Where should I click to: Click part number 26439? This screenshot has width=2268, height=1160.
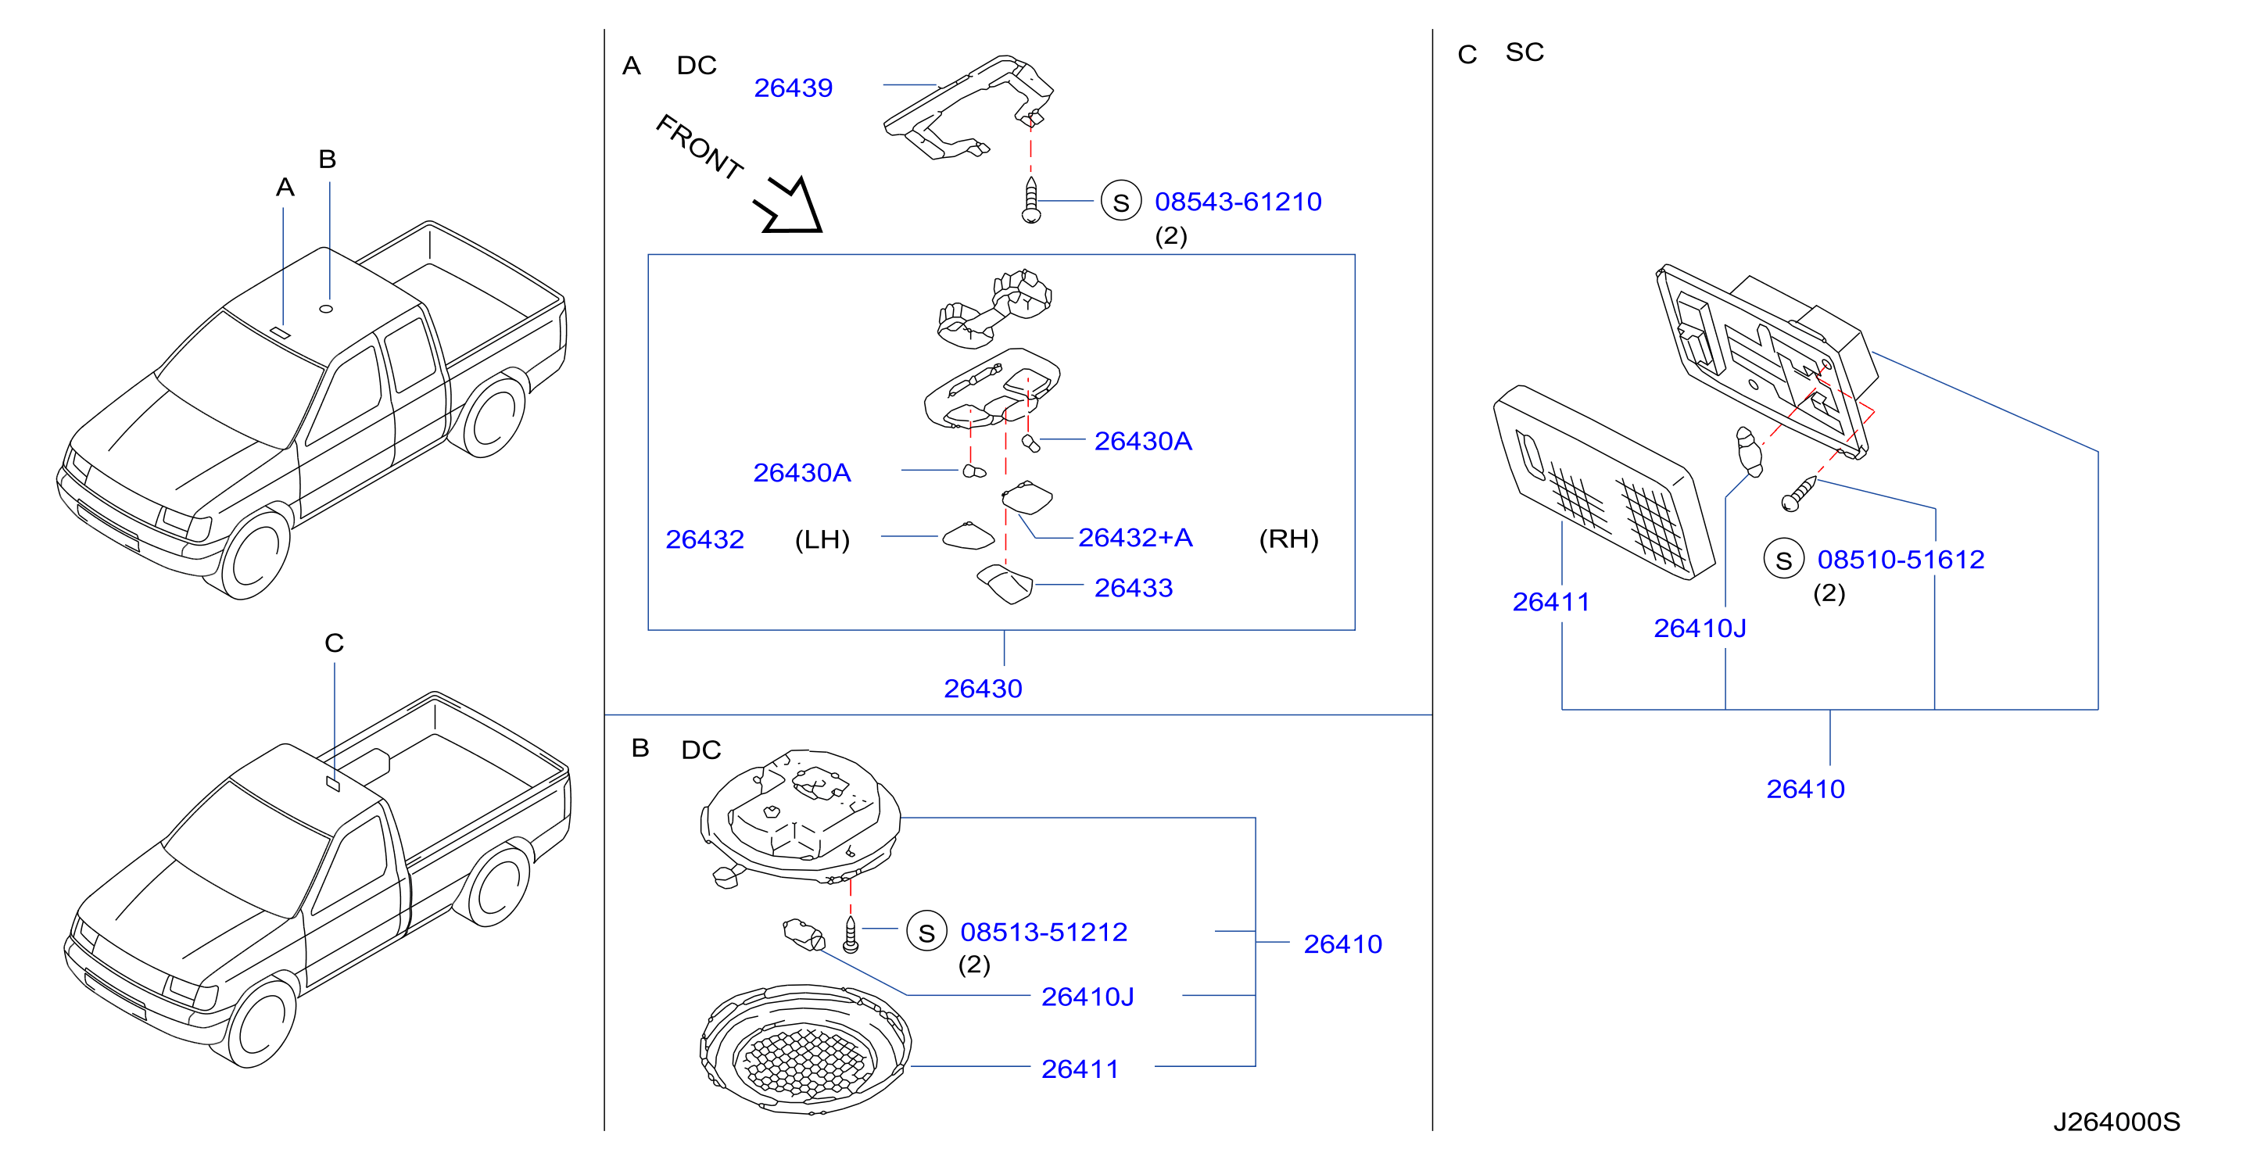coord(793,88)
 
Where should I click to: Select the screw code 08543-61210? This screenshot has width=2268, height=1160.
coord(1238,202)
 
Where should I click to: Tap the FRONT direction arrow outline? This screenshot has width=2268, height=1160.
coord(789,206)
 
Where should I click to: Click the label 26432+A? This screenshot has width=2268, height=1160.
coord(1135,538)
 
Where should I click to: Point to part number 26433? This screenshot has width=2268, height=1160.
coord(1133,588)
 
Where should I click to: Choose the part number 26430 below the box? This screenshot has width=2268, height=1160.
coord(983,688)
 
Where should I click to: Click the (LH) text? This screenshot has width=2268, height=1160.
coord(822,539)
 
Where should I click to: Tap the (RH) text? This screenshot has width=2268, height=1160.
coord(1289,539)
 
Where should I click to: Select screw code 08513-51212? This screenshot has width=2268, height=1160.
coord(1044,932)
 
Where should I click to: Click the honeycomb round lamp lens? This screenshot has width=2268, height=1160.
coord(805,1050)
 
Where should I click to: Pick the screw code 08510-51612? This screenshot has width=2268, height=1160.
coord(1901,560)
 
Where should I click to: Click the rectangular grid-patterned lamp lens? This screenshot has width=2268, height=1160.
coord(1604,482)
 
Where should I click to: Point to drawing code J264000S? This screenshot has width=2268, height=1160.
coord(2116,1122)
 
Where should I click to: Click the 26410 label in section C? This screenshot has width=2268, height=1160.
coord(1805,789)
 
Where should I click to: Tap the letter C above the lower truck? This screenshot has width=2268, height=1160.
coord(334,643)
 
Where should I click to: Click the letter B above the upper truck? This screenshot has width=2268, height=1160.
coord(328,159)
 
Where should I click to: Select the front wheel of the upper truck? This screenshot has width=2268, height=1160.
coord(256,555)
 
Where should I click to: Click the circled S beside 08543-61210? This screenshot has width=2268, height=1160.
coord(1121,202)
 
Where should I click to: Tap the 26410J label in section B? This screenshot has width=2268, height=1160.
coord(1087,997)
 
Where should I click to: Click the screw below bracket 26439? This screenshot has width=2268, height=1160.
coord(1031,201)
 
